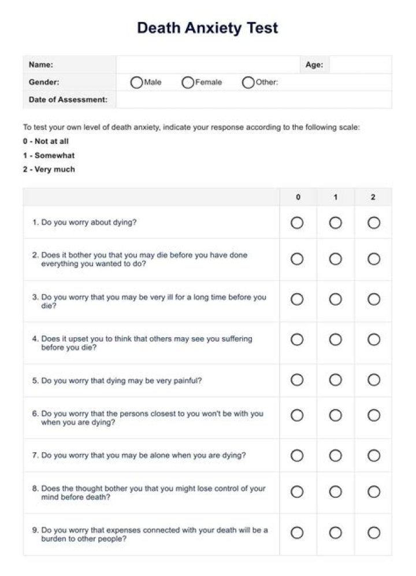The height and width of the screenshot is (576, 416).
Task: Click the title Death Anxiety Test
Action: (x=207, y=28)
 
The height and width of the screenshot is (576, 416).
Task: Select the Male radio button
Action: (x=137, y=83)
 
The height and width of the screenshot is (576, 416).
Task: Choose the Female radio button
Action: (x=188, y=83)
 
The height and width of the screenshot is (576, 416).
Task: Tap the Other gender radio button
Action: (x=248, y=83)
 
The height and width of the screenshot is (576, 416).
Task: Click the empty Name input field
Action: (x=207, y=65)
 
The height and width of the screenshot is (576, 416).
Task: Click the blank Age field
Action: (x=360, y=65)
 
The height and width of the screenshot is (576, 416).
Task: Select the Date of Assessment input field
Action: (x=253, y=99)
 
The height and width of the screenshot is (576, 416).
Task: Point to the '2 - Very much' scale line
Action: (x=49, y=169)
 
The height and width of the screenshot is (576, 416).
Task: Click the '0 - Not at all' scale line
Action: (x=46, y=141)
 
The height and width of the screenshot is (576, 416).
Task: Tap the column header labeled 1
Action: (x=335, y=197)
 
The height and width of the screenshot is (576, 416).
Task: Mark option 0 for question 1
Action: (x=297, y=223)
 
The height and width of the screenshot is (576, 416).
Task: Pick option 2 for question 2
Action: (x=374, y=259)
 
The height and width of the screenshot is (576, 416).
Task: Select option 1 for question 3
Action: (x=335, y=299)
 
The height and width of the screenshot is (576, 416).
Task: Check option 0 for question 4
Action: (x=297, y=339)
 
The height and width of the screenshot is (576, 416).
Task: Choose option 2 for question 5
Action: (x=374, y=380)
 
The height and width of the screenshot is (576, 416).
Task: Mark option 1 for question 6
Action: (x=335, y=415)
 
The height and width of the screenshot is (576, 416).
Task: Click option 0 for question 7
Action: (x=297, y=456)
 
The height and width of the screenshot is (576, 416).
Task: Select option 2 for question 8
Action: (x=374, y=492)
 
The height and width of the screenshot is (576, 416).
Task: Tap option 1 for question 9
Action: (x=335, y=533)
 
